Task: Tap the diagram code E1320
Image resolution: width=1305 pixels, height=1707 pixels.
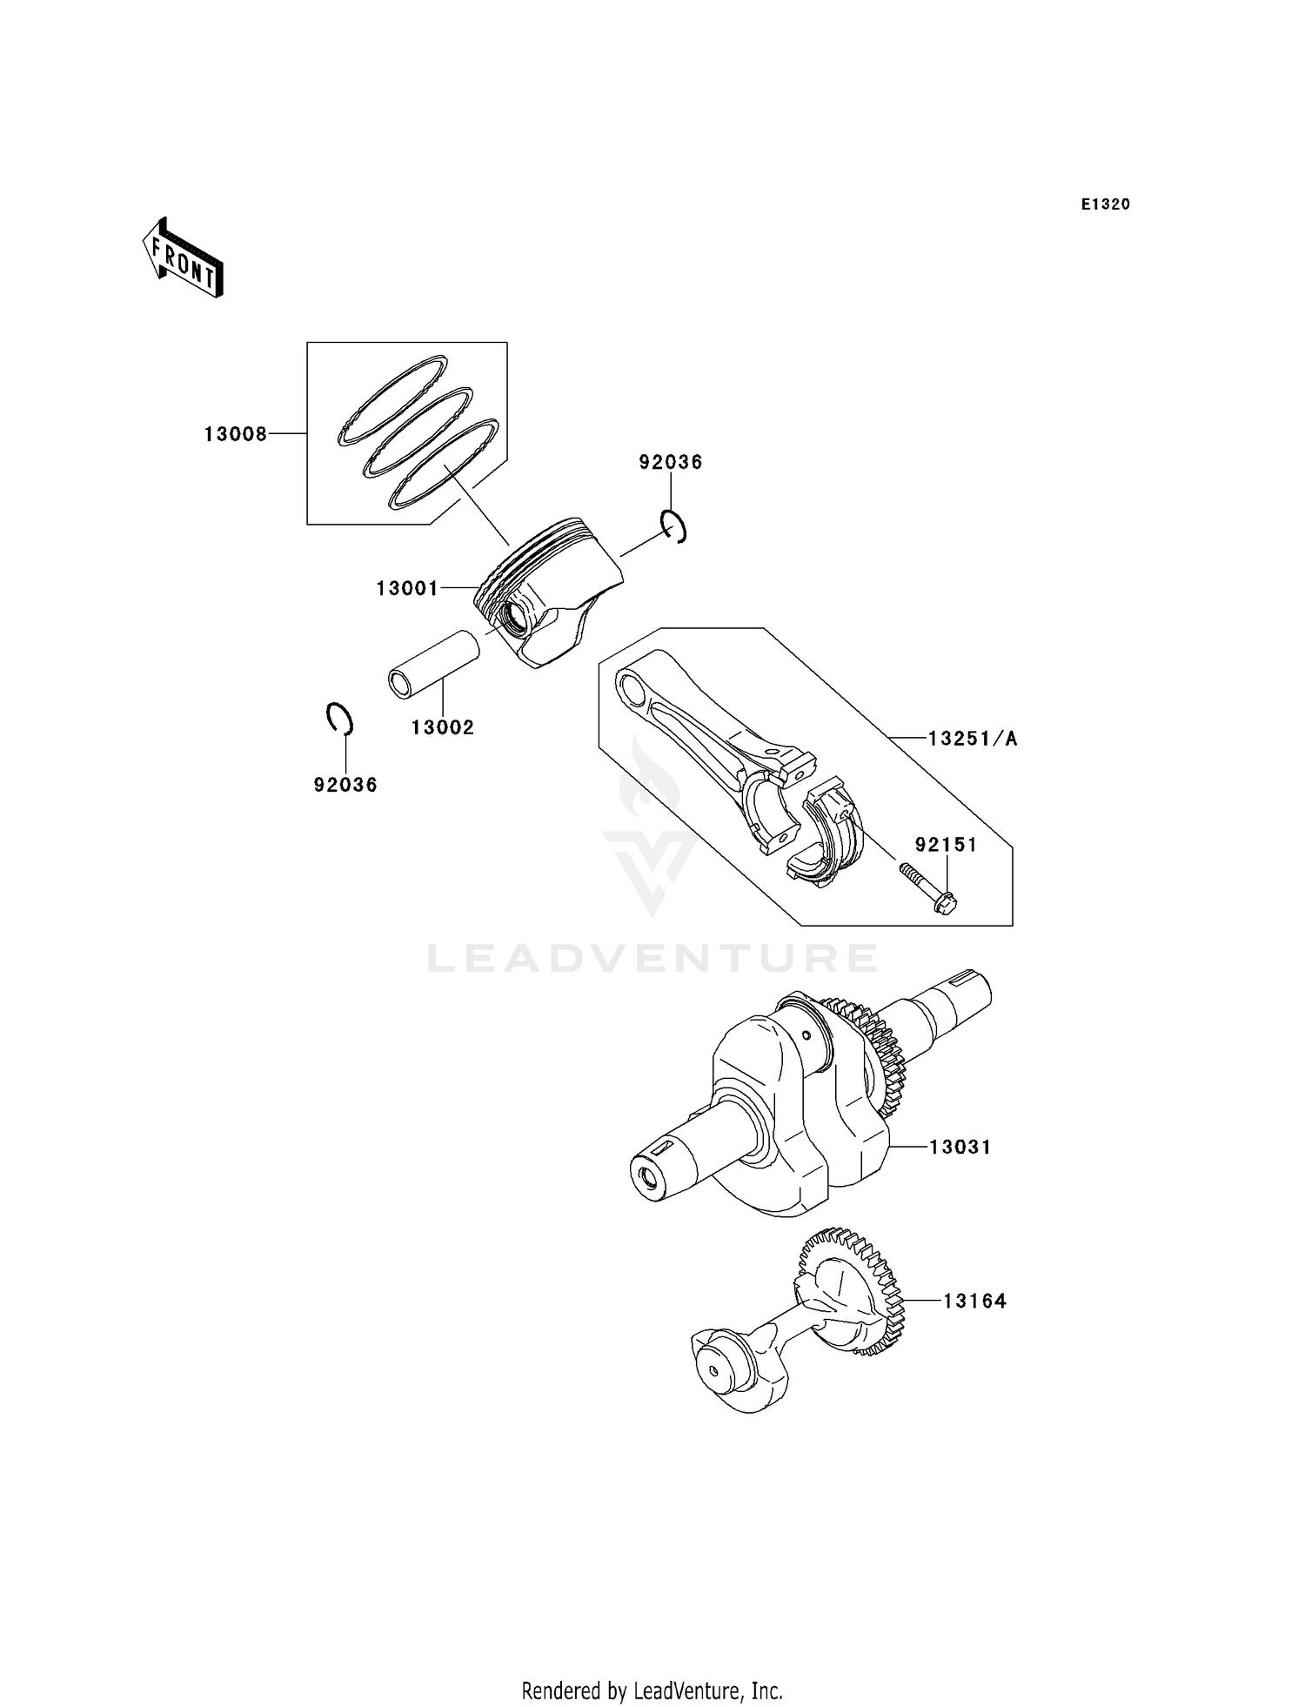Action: coord(1105,204)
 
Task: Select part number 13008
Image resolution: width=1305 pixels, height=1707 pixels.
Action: coord(236,434)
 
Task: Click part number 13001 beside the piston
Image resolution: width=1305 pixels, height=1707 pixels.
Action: coord(407,589)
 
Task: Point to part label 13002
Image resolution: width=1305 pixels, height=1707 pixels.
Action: coord(443,727)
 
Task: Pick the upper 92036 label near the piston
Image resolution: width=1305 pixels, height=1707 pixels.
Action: coord(670,463)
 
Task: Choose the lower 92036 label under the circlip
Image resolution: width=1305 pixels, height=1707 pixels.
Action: coord(345,785)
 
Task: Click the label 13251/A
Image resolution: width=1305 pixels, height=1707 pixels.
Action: coord(972,739)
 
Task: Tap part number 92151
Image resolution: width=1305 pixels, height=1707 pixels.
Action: coord(945,845)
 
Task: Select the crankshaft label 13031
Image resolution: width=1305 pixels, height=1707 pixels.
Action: coord(960,1148)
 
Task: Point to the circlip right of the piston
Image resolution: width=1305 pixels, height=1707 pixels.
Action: coord(673,526)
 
